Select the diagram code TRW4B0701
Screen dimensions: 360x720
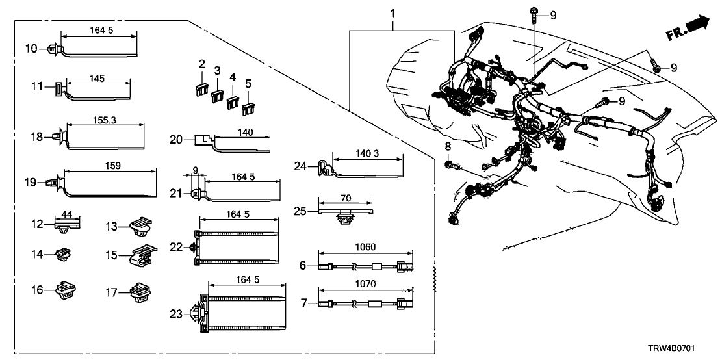tap(685, 349)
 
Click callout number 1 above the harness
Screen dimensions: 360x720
tap(392, 13)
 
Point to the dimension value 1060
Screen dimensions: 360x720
tap(365, 246)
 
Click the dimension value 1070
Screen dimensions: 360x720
tap(365, 283)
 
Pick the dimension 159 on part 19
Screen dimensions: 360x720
tap(112, 166)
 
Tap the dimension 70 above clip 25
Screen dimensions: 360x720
tap(346, 198)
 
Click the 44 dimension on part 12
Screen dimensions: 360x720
tap(66, 214)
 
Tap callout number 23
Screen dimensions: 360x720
tap(176, 315)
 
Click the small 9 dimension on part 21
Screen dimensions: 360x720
tap(196, 170)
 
